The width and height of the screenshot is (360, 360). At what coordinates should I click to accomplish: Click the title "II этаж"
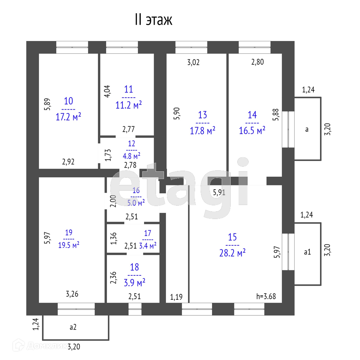coord(153,20)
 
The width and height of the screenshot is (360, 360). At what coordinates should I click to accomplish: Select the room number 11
coord(129,89)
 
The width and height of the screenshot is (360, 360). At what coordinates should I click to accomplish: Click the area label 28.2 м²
coord(232,253)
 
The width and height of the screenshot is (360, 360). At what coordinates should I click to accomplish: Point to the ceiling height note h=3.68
coord(266,296)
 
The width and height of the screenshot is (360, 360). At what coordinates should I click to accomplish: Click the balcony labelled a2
coord(73,327)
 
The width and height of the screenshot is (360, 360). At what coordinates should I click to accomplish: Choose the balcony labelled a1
coord(307,252)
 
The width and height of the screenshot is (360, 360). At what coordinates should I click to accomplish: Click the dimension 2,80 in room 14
coord(257,62)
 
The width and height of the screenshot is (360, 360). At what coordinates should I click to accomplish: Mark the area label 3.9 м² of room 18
coord(135,283)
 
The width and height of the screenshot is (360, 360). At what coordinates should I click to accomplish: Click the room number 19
coord(69,233)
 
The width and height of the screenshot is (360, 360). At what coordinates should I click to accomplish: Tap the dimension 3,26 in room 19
coord(72,294)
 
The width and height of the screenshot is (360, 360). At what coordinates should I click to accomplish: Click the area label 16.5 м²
coord(252,130)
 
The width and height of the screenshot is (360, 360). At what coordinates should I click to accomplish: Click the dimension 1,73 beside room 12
coord(108,155)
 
